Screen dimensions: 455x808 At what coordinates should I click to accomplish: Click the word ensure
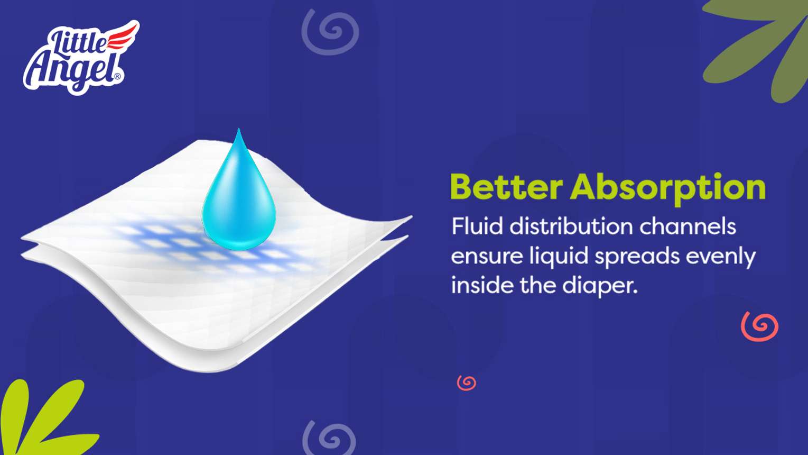pyautogui.click(x=486, y=257)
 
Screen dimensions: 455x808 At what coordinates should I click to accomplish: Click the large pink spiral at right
pyautogui.click(x=759, y=326)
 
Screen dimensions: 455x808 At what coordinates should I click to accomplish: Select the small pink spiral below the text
pyautogui.click(x=467, y=383)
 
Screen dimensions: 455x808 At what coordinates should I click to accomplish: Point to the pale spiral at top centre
pyautogui.click(x=330, y=32)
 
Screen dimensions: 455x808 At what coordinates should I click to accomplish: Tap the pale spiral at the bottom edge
pyautogui.click(x=329, y=438)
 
